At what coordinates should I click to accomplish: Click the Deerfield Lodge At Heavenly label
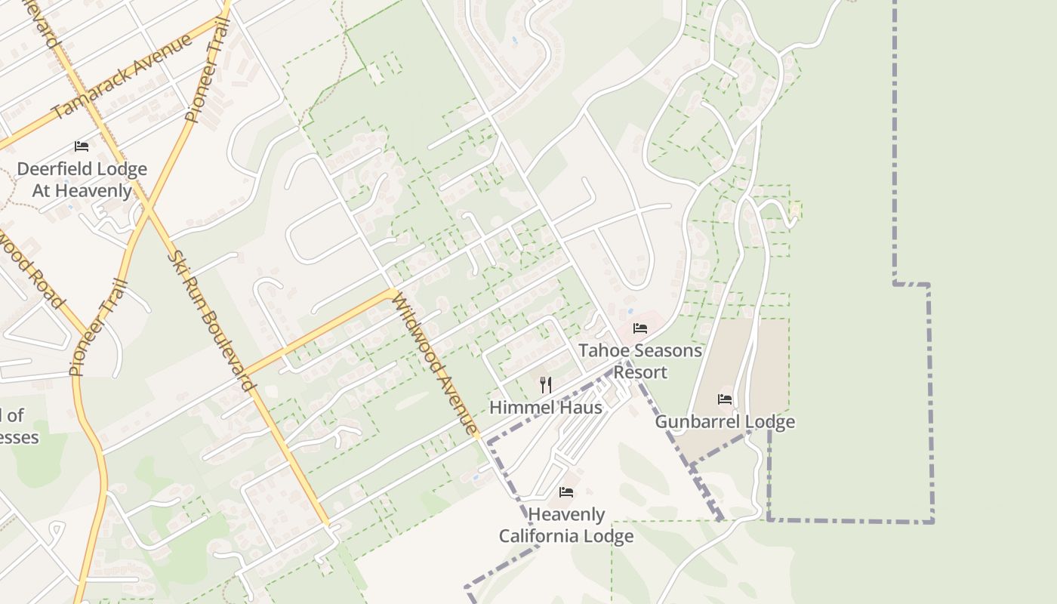[x=82, y=180]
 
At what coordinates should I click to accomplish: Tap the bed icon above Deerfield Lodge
[x=82, y=146]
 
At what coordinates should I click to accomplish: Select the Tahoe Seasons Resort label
[x=640, y=361]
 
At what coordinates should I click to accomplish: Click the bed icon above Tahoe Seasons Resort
[x=640, y=328]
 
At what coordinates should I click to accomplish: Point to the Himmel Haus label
[x=546, y=408]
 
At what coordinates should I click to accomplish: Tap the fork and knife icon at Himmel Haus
[x=546, y=385]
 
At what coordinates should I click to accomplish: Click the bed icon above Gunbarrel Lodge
[x=725, y=399]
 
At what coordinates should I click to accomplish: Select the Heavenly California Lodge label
[x=566, y=525]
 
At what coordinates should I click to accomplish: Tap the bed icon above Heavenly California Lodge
[x=566, y=492]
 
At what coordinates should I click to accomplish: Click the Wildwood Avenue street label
[x=434, y=364]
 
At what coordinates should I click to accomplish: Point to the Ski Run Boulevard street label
[x=209, y=321]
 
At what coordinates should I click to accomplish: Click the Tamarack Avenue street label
[x=122, y=78]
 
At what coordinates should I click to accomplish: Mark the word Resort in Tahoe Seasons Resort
[x=640, y=372]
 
